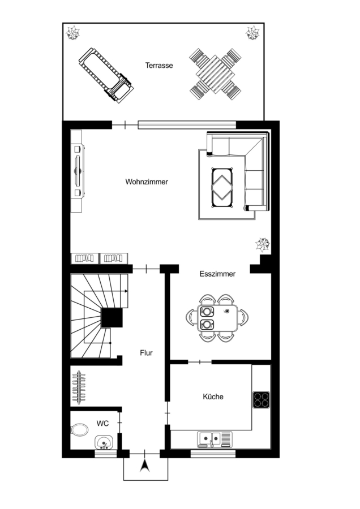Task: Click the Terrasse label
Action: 159,65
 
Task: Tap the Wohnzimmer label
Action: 147,182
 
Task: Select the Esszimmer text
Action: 217,274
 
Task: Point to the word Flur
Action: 146,353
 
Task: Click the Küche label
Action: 213,396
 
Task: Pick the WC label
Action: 102,423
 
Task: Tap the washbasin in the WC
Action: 104,442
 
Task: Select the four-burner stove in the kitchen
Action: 262,400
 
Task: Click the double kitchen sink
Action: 215,439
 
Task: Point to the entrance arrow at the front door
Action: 145,465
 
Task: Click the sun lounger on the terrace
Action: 106,76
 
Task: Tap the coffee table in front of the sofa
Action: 222,188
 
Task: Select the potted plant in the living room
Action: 263,244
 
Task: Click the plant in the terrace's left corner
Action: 73,33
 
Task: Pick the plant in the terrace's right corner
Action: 252,33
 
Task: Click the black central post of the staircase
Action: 112,318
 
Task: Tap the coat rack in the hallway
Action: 78,387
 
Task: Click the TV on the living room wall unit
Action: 78,171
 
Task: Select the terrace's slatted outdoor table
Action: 216,75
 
